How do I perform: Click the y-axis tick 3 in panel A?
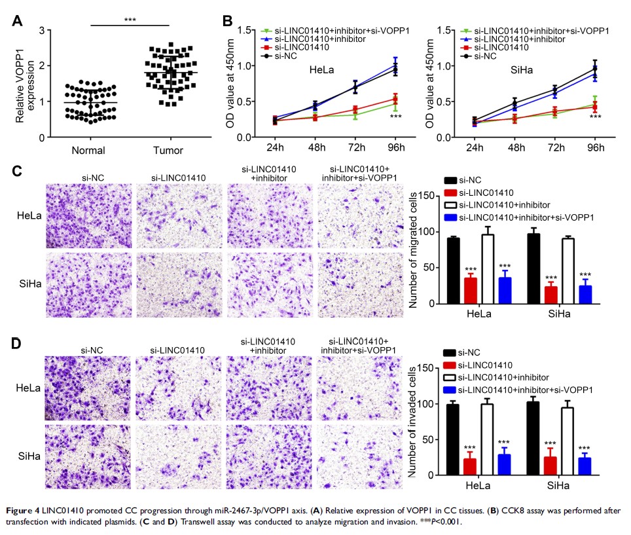pos(41,30)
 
